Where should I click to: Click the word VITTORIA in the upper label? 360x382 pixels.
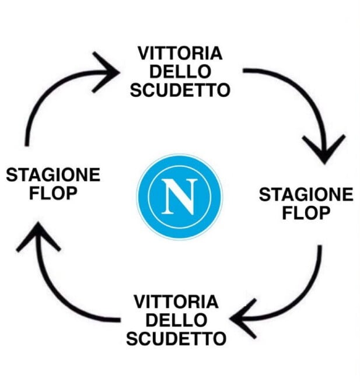[x=180, y=53]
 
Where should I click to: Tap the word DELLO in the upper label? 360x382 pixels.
[x=180, y=72]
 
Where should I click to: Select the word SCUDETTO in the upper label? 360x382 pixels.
[x=180, y=90]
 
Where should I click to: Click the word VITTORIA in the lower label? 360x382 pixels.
[x=176, y=302]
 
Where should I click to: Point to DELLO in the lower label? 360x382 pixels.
[x=176, y=320]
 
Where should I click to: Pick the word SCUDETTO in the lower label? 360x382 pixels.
[x=176, y=338]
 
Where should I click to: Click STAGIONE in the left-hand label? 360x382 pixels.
[x=53, y=175]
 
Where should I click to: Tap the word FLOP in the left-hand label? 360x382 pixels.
[x=53, y=193]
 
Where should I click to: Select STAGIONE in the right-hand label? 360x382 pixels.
[x=306, y=195]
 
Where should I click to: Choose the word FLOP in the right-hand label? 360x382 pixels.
[x=306, y=213]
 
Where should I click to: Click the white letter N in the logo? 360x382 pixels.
[x=180, y=196]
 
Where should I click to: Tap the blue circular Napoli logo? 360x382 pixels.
[x=180, y=197]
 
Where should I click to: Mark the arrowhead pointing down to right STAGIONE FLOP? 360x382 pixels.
[x=324, y=149]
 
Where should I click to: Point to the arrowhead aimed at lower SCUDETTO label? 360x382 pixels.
[x=243, y=318]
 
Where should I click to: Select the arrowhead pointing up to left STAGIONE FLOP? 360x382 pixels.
[x=39, y=236]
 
